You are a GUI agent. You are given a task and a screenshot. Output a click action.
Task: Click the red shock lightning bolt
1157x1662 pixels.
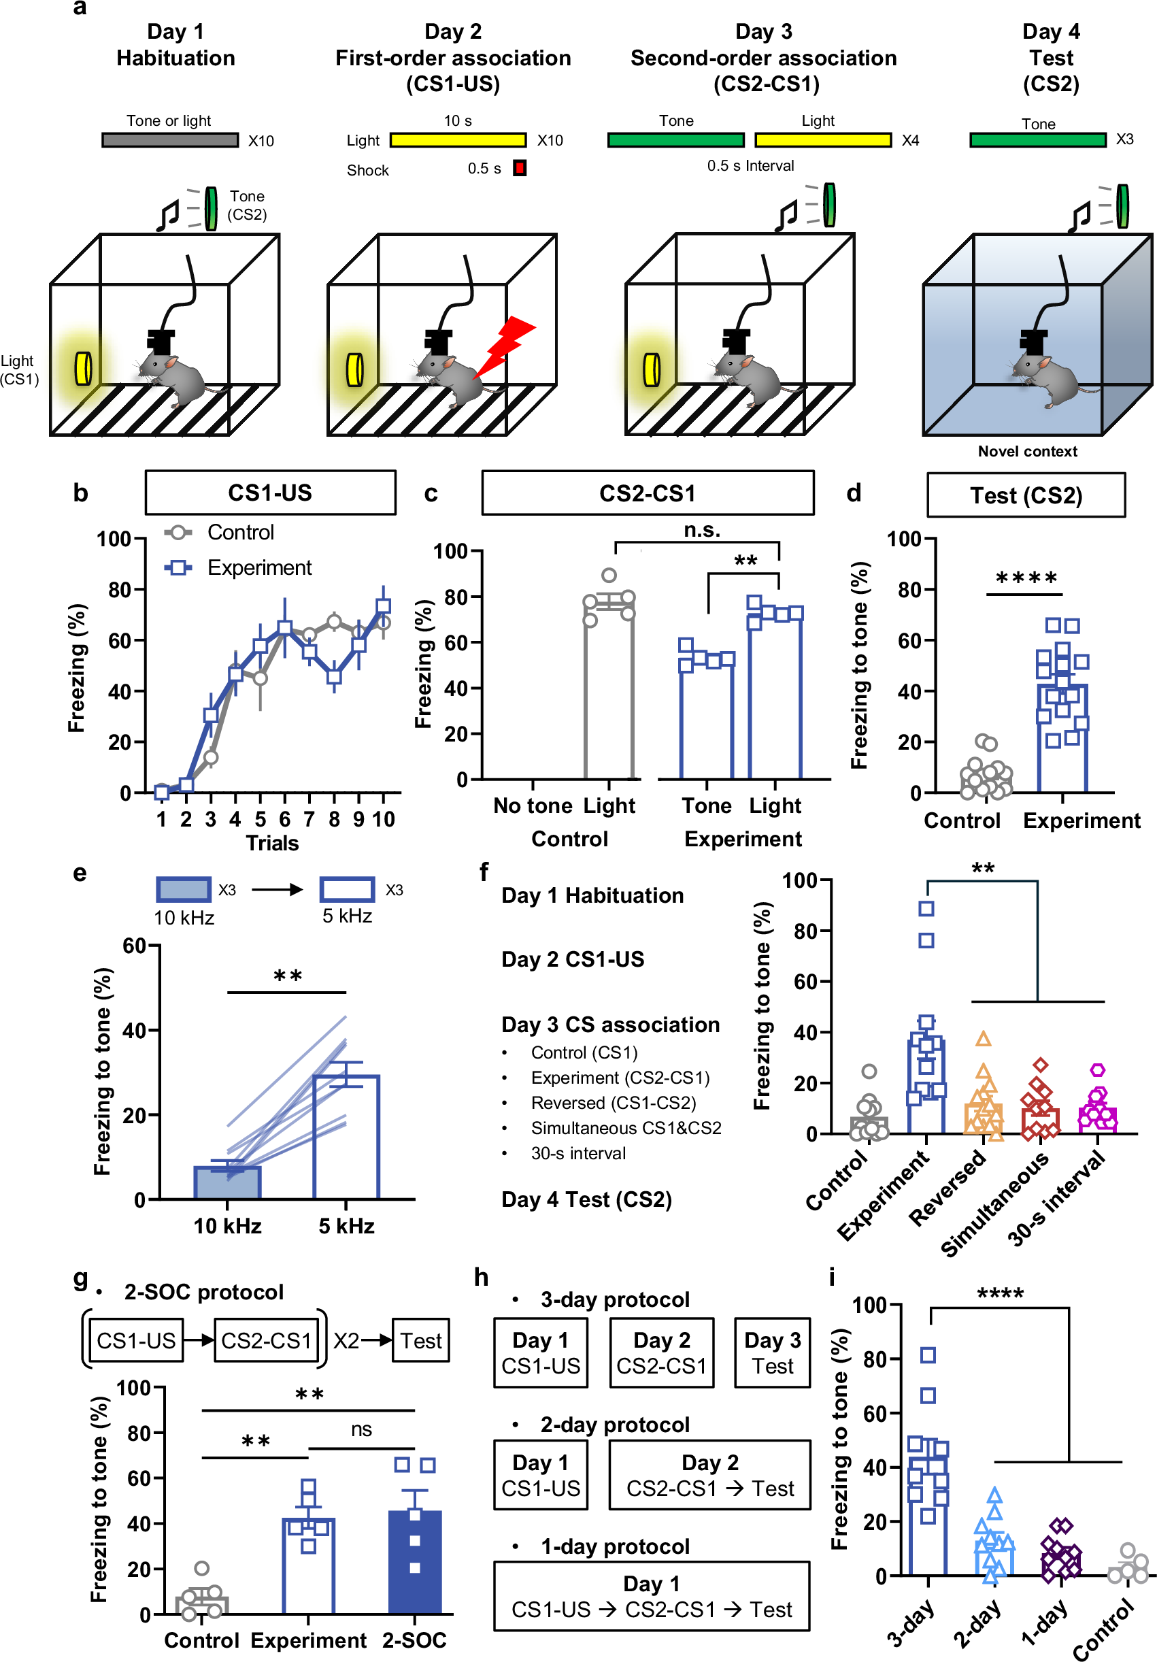507,346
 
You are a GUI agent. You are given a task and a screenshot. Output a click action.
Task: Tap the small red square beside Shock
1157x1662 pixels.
520,168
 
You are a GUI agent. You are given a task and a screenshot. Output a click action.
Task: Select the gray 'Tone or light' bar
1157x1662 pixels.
170,139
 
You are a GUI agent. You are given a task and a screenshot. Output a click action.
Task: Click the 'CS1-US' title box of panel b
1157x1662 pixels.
270,493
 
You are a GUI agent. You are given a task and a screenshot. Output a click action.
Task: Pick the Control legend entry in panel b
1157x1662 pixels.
220,533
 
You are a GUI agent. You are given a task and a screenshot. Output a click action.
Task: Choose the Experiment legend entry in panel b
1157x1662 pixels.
239,567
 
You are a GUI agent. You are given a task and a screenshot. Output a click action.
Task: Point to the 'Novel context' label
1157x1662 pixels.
1027,452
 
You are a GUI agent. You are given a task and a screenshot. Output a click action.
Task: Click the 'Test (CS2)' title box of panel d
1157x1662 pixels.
1025,495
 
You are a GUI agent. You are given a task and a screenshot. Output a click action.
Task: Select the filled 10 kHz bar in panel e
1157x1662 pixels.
227,1181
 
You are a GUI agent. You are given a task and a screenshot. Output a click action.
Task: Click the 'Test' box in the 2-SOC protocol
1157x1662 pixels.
421,1341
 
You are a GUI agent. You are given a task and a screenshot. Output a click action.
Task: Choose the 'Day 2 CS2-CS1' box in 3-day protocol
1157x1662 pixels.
661,1352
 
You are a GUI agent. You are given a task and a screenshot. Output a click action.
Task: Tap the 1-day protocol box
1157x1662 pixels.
651,1597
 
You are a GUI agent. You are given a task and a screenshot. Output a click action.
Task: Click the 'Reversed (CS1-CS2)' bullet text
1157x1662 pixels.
613,1103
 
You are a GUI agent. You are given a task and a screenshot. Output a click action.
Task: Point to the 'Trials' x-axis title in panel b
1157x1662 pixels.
272,844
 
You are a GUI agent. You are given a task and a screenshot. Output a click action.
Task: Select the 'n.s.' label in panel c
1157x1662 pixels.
702,531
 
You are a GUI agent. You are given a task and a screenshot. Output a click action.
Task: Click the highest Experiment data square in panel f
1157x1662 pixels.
926,908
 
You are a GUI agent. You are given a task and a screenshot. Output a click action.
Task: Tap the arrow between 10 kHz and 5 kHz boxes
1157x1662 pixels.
277,890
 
